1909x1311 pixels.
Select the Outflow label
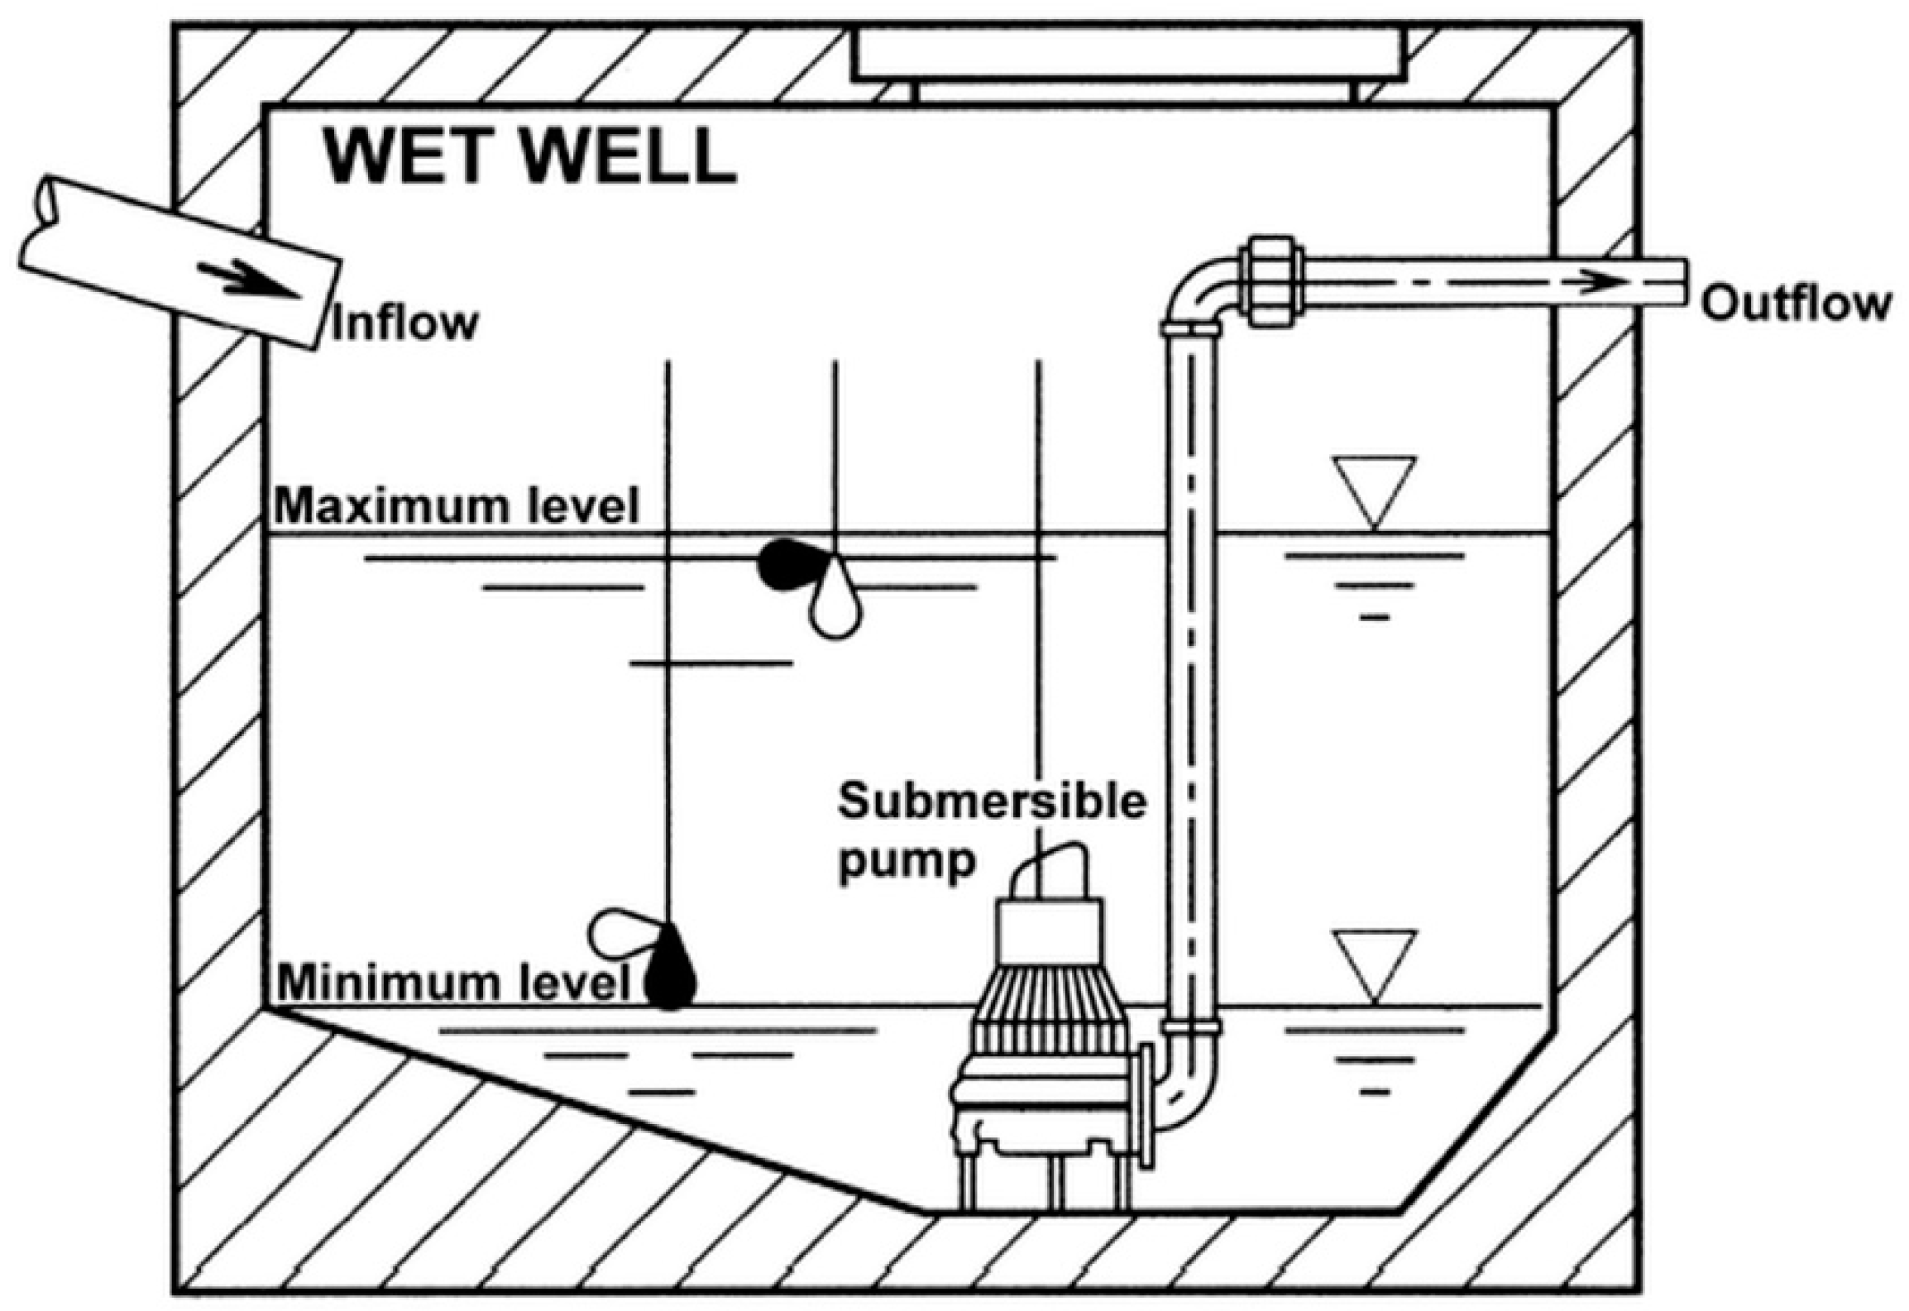click(x=1795, y=304)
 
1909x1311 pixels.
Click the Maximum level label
click(x=457, y=505)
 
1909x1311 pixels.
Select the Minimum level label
click(x=453, y=983)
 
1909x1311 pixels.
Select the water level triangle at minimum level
click(x=1374, y=960)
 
